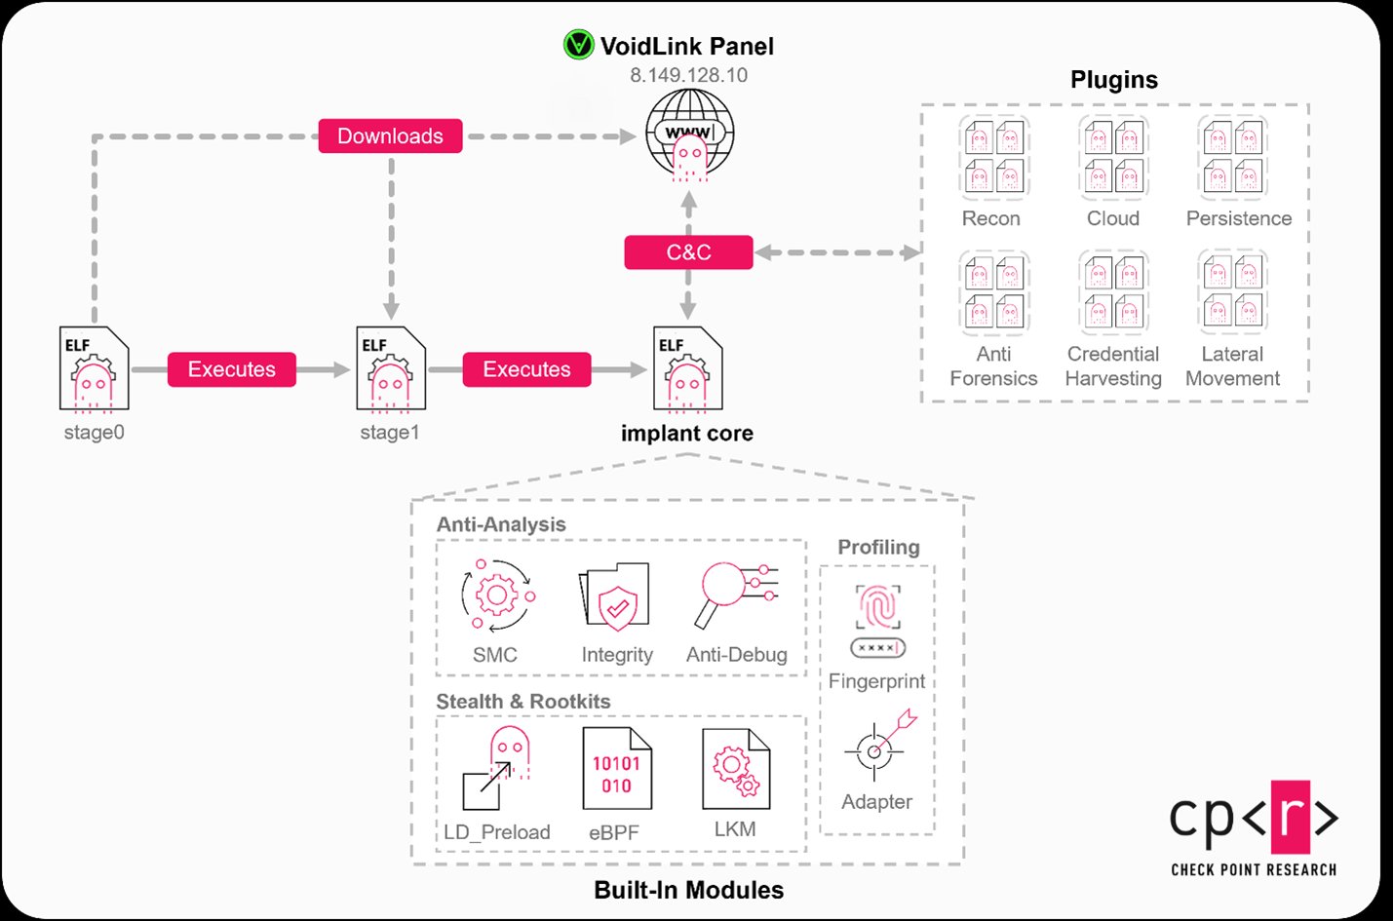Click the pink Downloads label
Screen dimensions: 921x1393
click(390, 136)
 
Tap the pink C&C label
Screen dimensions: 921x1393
click(688, 252)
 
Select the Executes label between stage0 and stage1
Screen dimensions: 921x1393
click(232, 369)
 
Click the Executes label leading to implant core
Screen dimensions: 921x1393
click(526, 369)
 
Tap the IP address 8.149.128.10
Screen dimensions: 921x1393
click(688, 75)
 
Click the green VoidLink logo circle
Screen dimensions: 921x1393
click(578, 45)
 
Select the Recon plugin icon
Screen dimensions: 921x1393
click(993, 157)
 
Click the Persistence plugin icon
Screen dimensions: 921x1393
click(1233, 157)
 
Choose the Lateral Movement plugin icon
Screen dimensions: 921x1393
click(1233, 291)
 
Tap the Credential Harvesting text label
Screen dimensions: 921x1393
click(1113, 366)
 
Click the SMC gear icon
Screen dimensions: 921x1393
click(497, 595)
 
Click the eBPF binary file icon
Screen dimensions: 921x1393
click(616, 770)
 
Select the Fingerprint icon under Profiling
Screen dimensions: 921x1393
click(877, 620)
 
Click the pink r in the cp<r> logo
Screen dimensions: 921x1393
click(1290, 817)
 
